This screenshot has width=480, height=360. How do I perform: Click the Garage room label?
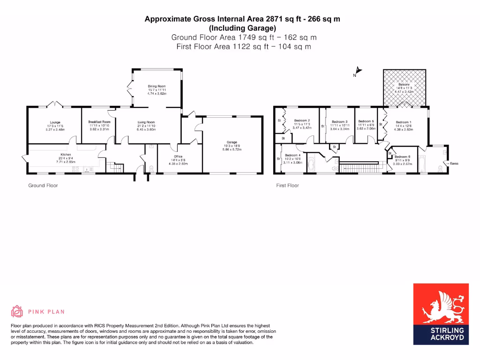(232, 142)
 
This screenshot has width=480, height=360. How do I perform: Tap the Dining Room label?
(157, 86)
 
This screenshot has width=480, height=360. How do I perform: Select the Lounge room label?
(55, 123)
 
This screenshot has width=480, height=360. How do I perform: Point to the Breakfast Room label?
(99, 121)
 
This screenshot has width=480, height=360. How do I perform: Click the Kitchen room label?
(65, 155)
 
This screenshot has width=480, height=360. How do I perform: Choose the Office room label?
(178, 157)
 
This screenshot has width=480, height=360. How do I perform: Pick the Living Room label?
(146, 122)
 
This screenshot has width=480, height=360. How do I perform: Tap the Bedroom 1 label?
(403, 122)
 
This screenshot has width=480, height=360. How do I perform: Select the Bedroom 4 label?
(292, 155)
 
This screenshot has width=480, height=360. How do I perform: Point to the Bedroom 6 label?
(402, 157)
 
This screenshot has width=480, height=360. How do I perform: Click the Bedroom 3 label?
(339, 122)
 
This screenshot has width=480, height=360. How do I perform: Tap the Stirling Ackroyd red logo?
(441, 314)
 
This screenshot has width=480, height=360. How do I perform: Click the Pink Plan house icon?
(17, 311)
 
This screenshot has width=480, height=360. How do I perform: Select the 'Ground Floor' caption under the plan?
(43, 186)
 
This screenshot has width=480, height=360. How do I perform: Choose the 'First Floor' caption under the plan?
(287, 186)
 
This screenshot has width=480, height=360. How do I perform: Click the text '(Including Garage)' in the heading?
(242, 28)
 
